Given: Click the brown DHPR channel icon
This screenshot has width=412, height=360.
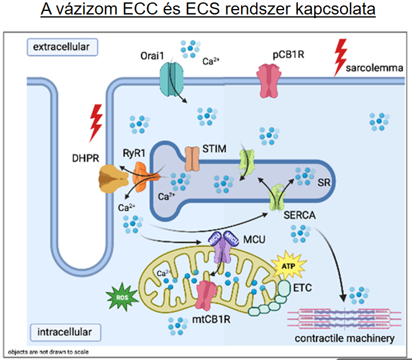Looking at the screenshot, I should [x=112, y=179].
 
